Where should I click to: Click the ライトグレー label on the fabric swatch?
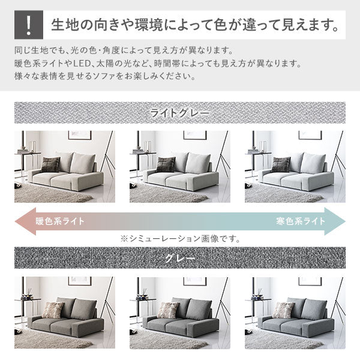(x=179, y=113)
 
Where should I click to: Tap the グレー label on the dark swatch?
(x=180, y=259)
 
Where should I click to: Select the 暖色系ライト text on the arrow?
(x=60, y=221)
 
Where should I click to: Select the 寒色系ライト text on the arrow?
(x=301, y=221)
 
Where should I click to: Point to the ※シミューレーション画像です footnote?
(x=180, y=238)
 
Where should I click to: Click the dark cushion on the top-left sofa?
(x=50, y=164)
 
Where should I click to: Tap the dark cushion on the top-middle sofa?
(x=165, y=164)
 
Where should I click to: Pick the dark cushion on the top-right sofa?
(x=280, y=164)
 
